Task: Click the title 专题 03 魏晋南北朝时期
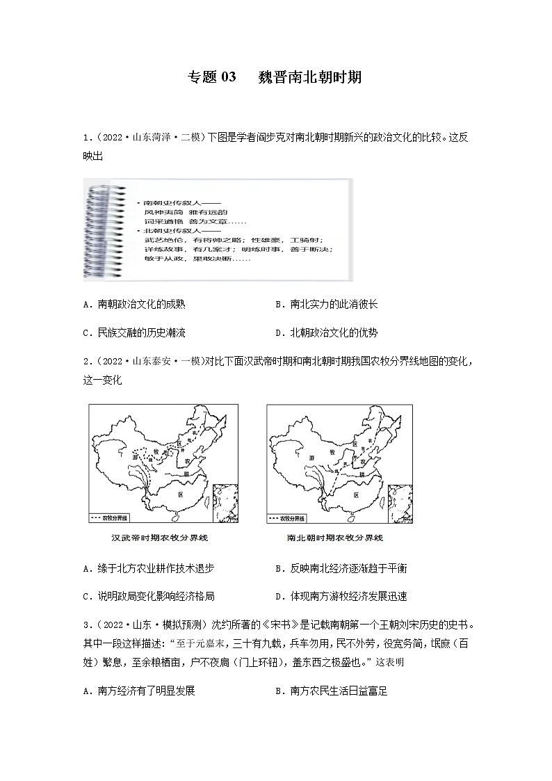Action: pos(275,77)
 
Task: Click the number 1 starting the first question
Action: pos(84,138)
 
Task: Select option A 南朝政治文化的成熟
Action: pos(133,305)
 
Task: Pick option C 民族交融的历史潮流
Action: pos(133,332)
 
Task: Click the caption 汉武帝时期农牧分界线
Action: pos(160,538)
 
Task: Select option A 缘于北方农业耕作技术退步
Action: pos(147,568)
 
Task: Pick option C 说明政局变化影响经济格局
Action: pos(147,596)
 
